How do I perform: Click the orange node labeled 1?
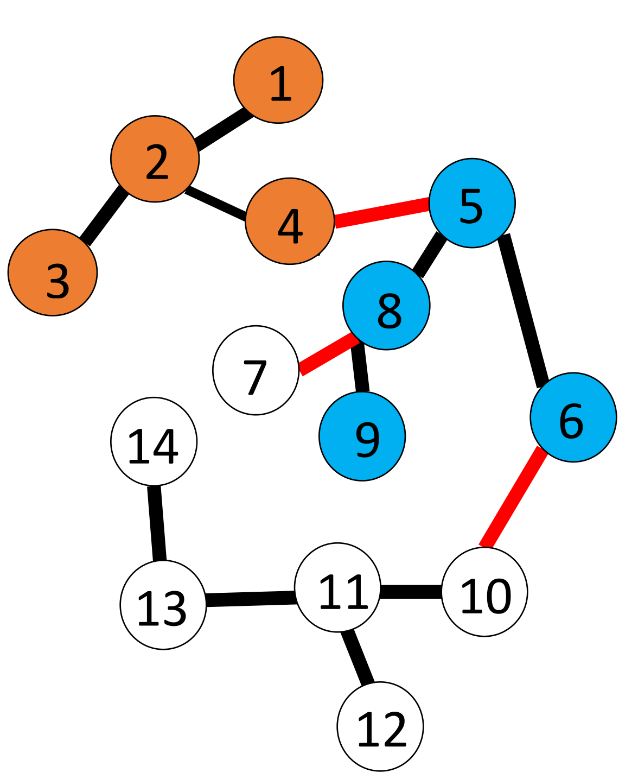(278, 80)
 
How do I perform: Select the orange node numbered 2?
(155, 159)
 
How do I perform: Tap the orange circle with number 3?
(53, 273)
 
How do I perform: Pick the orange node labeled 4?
(290, 221)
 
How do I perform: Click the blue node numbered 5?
(472, 203)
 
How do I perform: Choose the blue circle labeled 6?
(573, 417)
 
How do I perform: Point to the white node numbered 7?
(256, 370)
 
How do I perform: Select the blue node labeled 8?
(386, 306)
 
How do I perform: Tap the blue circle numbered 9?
(362, 436)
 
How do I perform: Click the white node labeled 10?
(484, 592)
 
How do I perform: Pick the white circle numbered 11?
(337, 587)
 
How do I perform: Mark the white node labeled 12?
(380, 726)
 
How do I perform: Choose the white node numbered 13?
(163, 605)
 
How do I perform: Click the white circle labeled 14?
(154, 441)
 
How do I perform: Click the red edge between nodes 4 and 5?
(382, 213)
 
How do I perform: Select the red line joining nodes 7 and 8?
(329, 354)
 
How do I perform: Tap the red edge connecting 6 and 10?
(513, 497)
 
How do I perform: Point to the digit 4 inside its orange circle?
(290, 226)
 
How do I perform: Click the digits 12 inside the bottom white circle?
(381, 730)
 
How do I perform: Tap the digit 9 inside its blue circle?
(367, 440)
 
